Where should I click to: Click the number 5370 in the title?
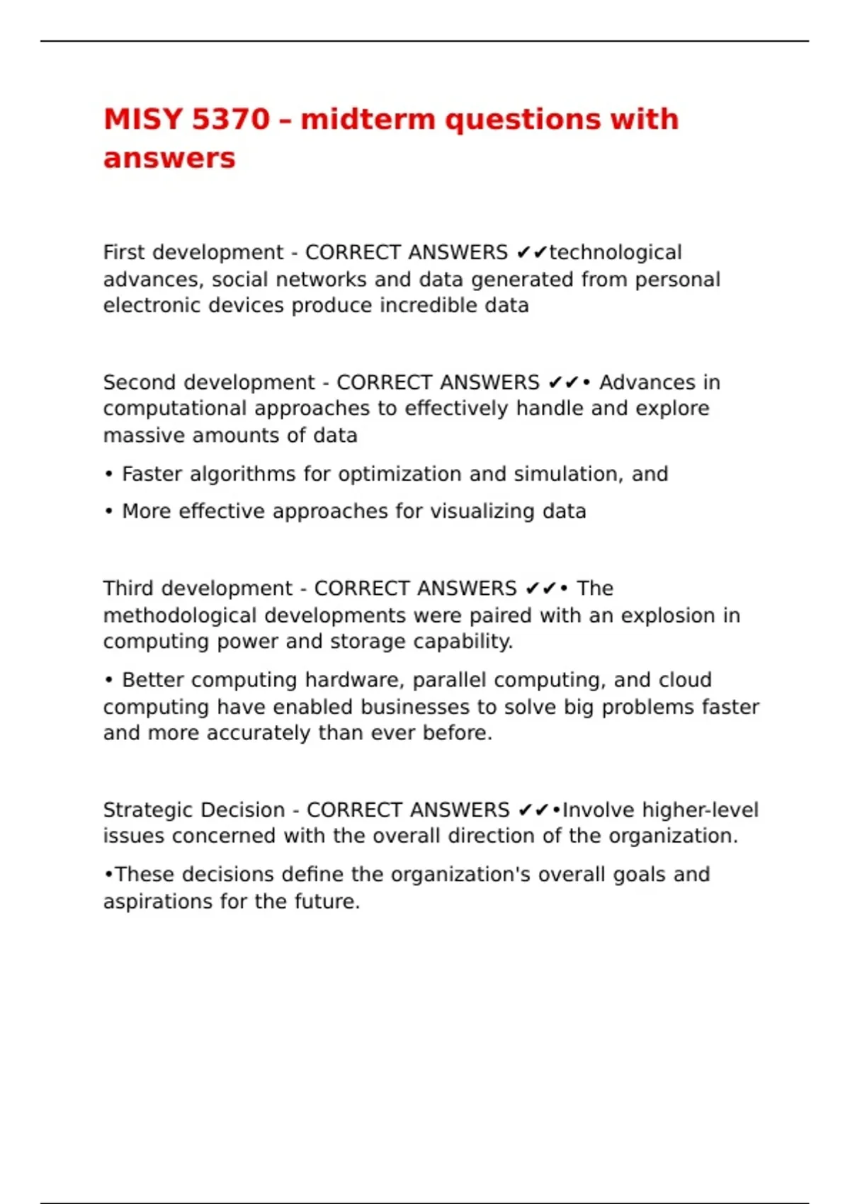click(x=231, y=119)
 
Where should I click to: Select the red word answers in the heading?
click(x=169, y=158)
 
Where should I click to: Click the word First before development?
click(x=124, y=252)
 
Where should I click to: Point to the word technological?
click(x=616, y=252)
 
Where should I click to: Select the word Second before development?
click(x=139, y=382)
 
